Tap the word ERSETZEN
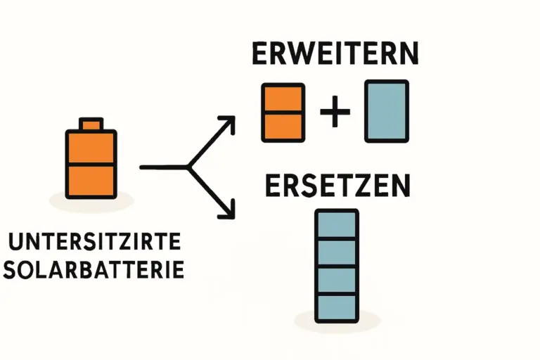pyautogui.click(x=337, y=186)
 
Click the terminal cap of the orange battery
pyautogui.click(x=90, y=124)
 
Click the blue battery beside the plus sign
pyautogui.click(x=386, y=111)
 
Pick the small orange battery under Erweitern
pyautogui.click(x=283, y=111)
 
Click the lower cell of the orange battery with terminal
pyautogui.click(x=90, y=181)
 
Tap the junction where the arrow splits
pyautogui.click(x=188, y=167)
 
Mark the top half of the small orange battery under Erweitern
pyautogui.click(x=283, y=98)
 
